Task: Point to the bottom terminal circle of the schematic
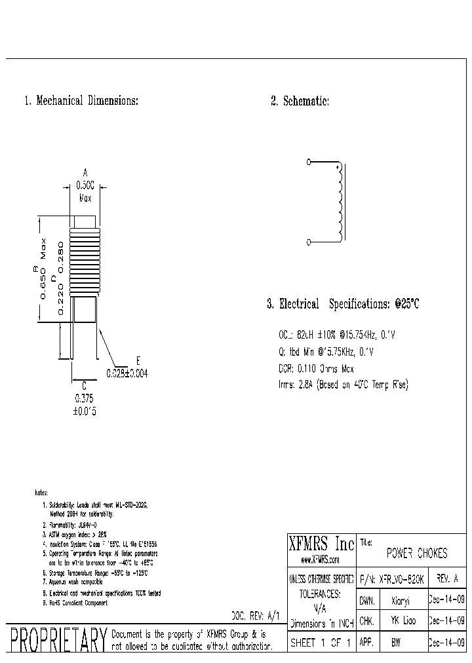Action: [x=309, y=242]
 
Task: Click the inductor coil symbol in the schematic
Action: [x=339, y=202]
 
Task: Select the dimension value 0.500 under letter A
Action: [x=85, y=185]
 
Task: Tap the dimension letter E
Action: [x=138, y=361]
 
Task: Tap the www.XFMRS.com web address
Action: [x=321, y=559]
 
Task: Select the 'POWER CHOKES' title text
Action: [x=417, y=554]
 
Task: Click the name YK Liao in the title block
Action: [x=404, y=620]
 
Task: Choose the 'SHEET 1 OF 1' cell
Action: [x=321, y=643]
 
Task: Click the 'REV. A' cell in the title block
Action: [x=446, y=579]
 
